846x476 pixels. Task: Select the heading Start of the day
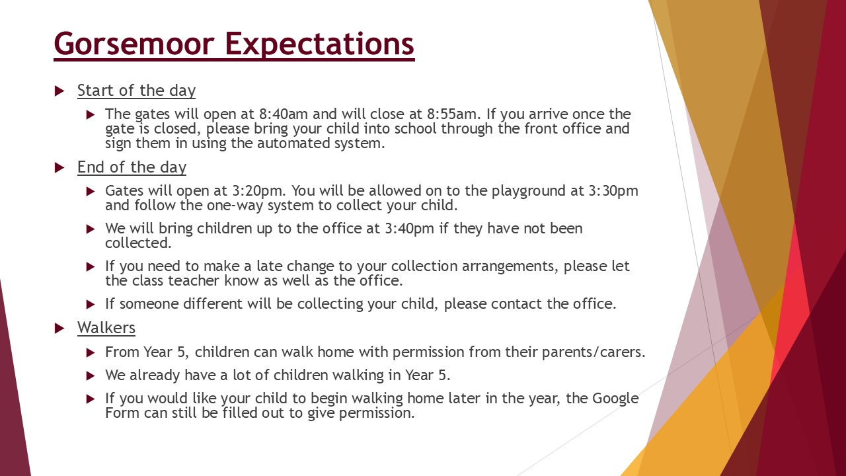pyautogui.click(x=136, y=91)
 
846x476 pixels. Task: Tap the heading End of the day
pyautogui.click(x=132, y=167)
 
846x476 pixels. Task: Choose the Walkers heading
pyautogui.click(x=106, y=328)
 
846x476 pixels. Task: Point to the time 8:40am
pyautogui.click(x=284, y=114)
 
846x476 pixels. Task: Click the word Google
pyautogui.click(x=615, y=399)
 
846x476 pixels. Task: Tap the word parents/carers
pyautogui.click(x=594, y=352)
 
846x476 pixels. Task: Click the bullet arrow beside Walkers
pyautogui.click(x=59, y=328)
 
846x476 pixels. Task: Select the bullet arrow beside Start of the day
pyautogui.click(x=59, y=91)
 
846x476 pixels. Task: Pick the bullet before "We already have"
pyautogui.click(x=91, y=376)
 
